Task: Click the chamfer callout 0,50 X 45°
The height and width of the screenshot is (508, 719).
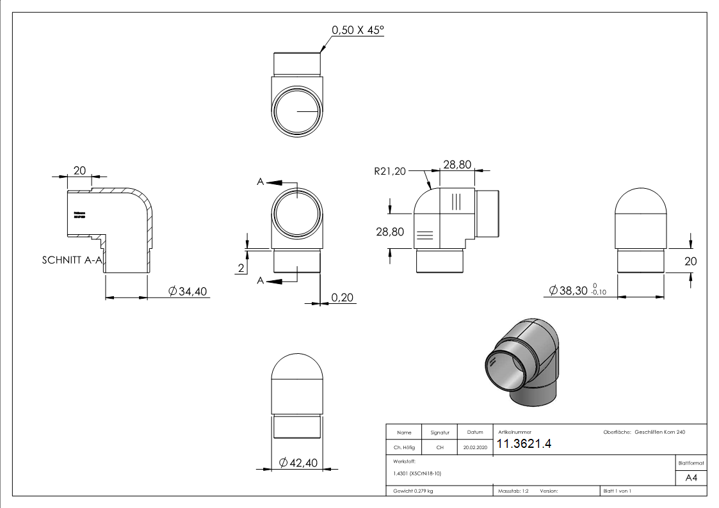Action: click(x=357, y=30)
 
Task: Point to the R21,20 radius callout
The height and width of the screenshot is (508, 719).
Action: click(x=390, y=171)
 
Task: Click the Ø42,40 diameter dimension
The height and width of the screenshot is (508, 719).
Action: click(x=299, y=463)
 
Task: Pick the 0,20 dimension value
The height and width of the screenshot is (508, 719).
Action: click(x=343, y=297)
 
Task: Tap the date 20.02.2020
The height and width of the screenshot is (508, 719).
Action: click(x=474, y=448)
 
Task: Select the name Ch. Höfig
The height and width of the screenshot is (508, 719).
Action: click(x=403, y=448)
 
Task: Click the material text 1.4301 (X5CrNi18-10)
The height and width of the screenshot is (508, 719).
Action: click(x=417, y=473)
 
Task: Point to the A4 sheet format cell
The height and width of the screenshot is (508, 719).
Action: click(x=691, y=478)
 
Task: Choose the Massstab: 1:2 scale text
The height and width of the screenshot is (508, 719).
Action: click(x=513, y=491)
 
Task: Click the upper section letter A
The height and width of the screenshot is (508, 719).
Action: click(x=261, y=182)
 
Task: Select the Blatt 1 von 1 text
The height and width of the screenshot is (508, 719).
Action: click(x=617, y=491)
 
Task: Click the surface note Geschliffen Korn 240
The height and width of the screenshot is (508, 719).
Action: click(x=659, y=433)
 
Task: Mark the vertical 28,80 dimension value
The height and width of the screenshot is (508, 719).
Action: click(x=390, y=232)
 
